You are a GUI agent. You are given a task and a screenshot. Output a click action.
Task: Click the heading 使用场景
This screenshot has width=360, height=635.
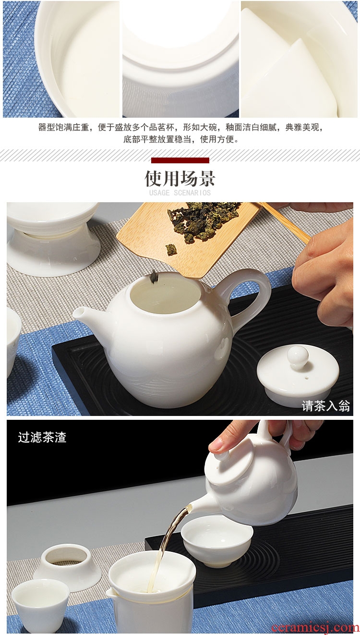pyautogui.click(x=180, y=178)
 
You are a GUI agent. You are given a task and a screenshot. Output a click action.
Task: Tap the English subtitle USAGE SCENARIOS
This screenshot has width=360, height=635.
pyautogui.click(x=180, y=193)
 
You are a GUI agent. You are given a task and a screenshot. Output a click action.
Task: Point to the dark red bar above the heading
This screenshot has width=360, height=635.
pyautogui.click(x=180, y=160)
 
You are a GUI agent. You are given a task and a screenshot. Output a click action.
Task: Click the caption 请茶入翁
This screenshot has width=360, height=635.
pyautogui.click(x=326, y=406)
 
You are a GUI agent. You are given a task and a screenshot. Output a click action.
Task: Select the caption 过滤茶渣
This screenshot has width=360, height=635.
pyautogui.click(x=42, y=437)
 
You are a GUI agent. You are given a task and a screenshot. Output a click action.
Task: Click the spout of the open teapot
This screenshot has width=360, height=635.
pyautogui.click(x=82, y=315)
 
